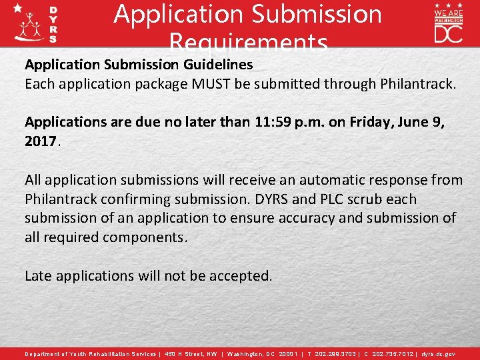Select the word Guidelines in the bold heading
click(215, 65)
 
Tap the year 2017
click(42, 141)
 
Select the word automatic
click(325, 179)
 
